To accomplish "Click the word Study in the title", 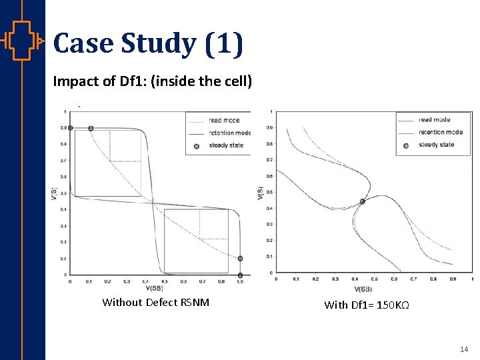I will point(158,44).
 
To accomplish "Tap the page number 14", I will point(464,349).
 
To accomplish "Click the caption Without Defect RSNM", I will point(155,303).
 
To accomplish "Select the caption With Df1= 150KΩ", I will point(366,305).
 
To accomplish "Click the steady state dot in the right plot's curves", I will point(363,201).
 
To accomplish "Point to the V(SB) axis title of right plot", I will point(363,289).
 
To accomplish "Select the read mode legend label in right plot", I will point(434,120).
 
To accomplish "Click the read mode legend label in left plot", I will point(224,121).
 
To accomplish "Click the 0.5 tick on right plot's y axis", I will point(269,192).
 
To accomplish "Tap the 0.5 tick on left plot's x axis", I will point(164,282).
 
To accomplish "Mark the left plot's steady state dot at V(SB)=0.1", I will point(91,128).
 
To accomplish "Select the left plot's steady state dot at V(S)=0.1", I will point(240,259).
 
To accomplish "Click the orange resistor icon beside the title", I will point(22,42).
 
